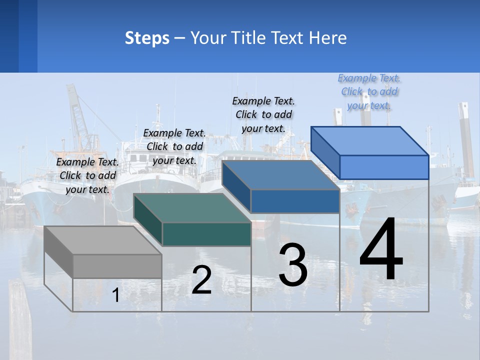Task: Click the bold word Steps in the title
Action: [x=147, y=38]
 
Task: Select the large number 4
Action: [x=381, y=250]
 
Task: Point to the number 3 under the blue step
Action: [x=293, y=265]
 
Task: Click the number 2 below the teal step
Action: [x=202, y=280]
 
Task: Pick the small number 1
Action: [x=116, y=295]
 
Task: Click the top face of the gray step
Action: [x=102, y=240]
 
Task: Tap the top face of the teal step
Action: [x=191, y=208]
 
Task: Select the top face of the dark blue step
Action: [x=280, y=175]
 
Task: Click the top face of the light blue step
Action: [x=369, y=141]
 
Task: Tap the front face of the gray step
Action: [x=117, y=266]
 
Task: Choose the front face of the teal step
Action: [x=206, y=234]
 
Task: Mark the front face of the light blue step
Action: [x=384, y=167]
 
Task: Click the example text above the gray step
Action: [x=87, y=175]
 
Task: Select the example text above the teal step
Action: [x=174, y=146]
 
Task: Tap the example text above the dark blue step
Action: [x=263, y=114]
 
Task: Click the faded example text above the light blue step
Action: [x=369, y=91]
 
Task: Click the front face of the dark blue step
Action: [x=295, y=201]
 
